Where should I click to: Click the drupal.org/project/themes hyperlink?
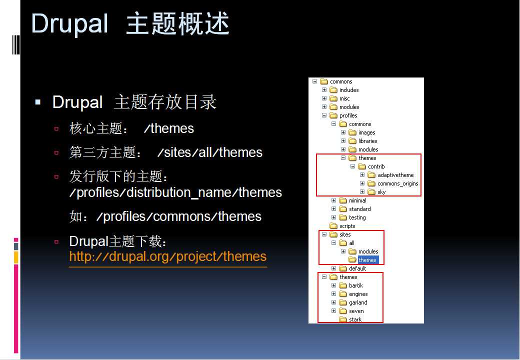click(x=168, y=256)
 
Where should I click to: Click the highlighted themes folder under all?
click(x=367, y=260)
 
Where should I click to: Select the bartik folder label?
click(x=356, y=285)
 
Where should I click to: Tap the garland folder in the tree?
click(x=358, y=302)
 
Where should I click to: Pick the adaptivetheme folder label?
click(x=395, y=175)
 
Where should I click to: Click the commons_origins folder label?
click(x=397, y=183)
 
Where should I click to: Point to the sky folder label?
click(x=381, y=192)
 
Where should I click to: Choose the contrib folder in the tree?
click(x=376, y=166)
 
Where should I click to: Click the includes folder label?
click(x=349, y=90)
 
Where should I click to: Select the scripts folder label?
click(x=347, y=226)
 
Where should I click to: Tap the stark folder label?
click(x=355, y=319)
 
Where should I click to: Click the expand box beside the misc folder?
click(x=324, y=98)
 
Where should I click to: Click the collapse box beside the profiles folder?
click(x=324, y=115)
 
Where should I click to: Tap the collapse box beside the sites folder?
click(x=324, y=234)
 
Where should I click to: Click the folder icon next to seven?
click(x=343, y=311)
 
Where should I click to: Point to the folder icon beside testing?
click(x=343, y=217)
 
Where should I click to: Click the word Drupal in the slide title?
click(x=69, y=24)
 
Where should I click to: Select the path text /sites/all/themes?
click(x=210, y=152)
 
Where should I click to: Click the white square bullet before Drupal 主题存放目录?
click(x=38, y=102)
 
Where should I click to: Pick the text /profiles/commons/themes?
click(x=179, y=217)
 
